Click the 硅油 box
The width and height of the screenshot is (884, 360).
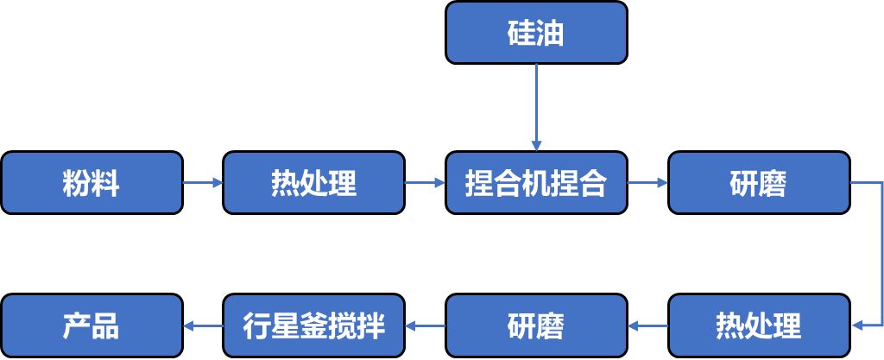(536, 33)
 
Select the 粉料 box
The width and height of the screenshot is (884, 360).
(92, 182)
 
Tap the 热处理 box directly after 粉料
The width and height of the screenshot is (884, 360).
(313, 182)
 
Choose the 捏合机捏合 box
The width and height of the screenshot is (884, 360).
(536, 182)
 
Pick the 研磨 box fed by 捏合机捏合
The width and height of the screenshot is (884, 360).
(759, 182)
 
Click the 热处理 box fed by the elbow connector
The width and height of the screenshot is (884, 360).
(759, 325)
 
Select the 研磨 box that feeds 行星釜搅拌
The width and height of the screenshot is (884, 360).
(536, 325)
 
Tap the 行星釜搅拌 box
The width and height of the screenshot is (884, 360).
(313, 325)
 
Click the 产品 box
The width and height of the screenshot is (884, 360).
(92, 325)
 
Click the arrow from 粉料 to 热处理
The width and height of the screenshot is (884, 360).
(203, 182)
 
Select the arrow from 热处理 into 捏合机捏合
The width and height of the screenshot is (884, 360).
(425, 182)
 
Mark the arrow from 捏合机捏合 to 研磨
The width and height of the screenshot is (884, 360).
(647, 182)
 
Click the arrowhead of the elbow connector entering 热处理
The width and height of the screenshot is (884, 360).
(856, 325)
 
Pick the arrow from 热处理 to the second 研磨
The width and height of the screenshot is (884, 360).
(647, 325)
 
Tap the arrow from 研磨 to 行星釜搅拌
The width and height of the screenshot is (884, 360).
(425, 325)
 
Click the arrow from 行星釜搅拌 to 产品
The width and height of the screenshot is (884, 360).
(203, 325)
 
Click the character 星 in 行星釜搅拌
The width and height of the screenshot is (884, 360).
(286, 326)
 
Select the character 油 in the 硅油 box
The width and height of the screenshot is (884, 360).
(551, 34)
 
